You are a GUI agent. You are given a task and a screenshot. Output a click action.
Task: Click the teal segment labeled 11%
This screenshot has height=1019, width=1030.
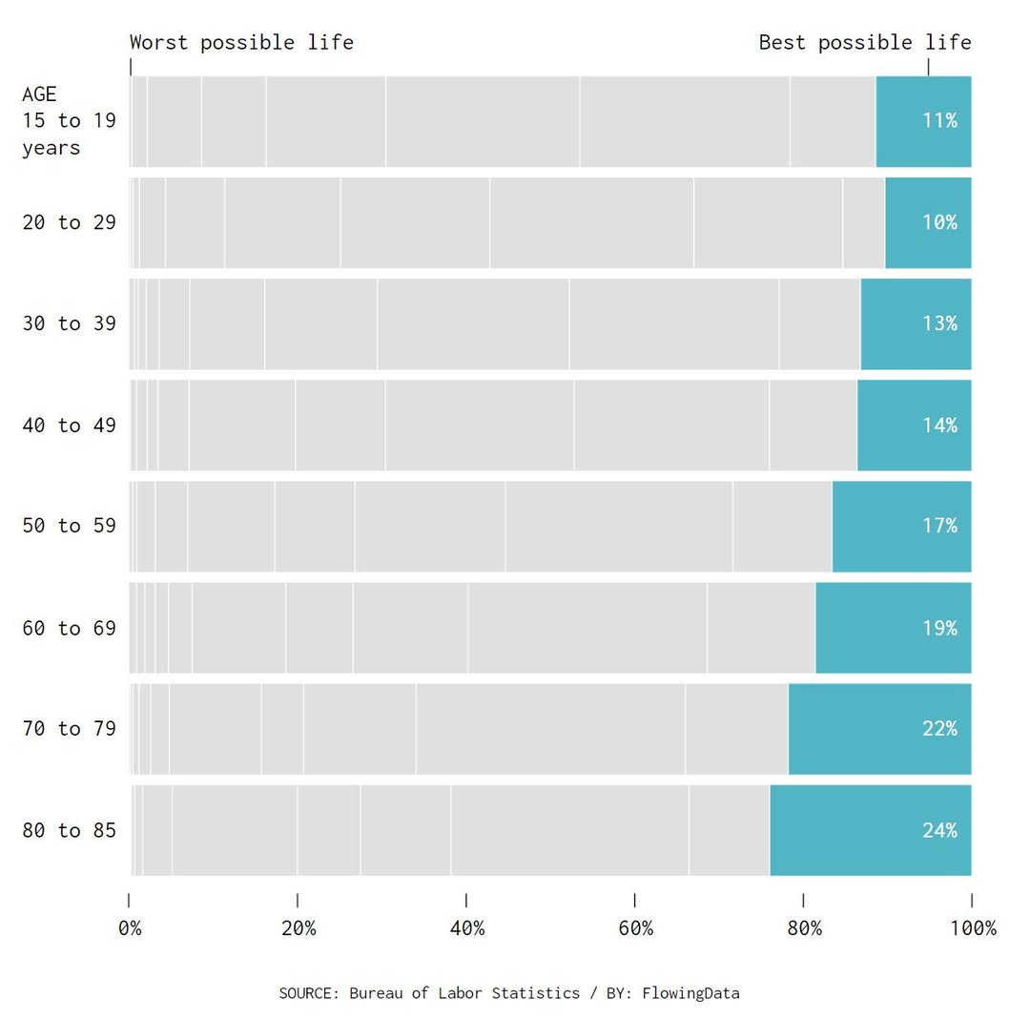pos(922,121)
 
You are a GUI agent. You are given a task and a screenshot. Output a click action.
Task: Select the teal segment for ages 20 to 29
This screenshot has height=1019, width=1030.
pos(927,222)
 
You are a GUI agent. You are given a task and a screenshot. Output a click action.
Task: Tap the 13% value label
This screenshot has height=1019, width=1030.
pos(938,323)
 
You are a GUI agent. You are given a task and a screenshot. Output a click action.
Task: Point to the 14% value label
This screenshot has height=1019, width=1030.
pos(938,425)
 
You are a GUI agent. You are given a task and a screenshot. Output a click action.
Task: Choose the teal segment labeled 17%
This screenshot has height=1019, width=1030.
pos(901,526)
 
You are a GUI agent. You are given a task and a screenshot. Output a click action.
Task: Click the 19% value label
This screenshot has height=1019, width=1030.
pos(938,628)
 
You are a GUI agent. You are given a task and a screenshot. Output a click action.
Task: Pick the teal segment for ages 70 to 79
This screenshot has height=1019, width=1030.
pos(878,729)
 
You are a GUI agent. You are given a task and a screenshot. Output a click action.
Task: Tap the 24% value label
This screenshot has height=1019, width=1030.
pos(938,830)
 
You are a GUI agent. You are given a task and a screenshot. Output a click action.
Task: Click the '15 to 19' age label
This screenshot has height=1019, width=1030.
pos(69,121)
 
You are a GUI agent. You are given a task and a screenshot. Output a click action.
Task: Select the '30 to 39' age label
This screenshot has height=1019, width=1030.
pos(69,323)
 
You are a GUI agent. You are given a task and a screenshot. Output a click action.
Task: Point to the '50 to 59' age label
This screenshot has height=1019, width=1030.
pos(69,526)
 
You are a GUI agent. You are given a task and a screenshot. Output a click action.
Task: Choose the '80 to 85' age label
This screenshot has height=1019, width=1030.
pos(69,830)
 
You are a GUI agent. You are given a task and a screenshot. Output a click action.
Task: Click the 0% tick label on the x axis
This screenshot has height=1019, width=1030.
pos(130,928)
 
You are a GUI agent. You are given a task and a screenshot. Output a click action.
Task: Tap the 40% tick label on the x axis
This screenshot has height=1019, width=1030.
pos(466,928)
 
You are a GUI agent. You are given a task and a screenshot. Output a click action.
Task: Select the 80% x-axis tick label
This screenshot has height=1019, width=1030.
pos(803,928)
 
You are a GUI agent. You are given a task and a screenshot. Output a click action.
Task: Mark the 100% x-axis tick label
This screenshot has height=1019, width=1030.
pos(972,928)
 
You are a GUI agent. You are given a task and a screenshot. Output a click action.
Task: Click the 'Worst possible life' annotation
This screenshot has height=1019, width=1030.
pos(241,42)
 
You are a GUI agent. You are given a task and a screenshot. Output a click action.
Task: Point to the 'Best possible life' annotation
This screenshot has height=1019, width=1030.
pos(864,42)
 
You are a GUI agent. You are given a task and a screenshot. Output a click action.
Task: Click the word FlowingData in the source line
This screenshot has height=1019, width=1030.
pos(690,992)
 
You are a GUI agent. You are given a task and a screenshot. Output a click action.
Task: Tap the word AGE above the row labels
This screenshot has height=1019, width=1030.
pos(39,94)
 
